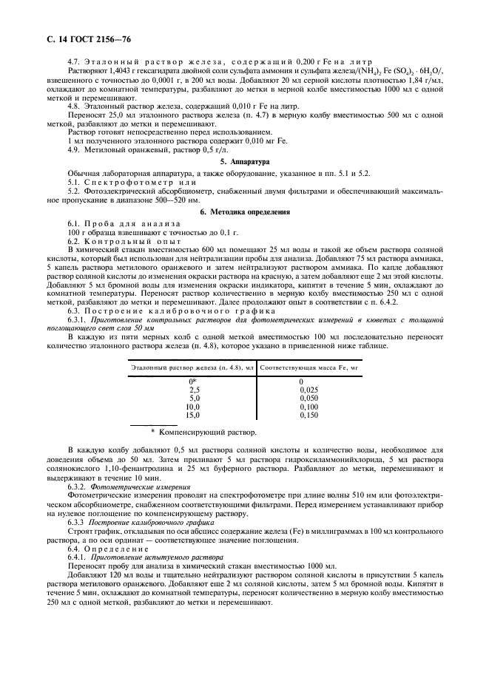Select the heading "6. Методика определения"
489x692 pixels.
click(244, 211)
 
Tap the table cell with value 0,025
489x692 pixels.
click(309, 389)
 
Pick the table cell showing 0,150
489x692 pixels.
click(309, 415)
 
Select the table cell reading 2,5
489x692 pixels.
click(194, 389)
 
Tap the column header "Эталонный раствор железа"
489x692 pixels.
click(192, 367)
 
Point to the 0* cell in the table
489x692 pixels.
click(193, 381)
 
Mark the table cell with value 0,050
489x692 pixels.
click(309, 398)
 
